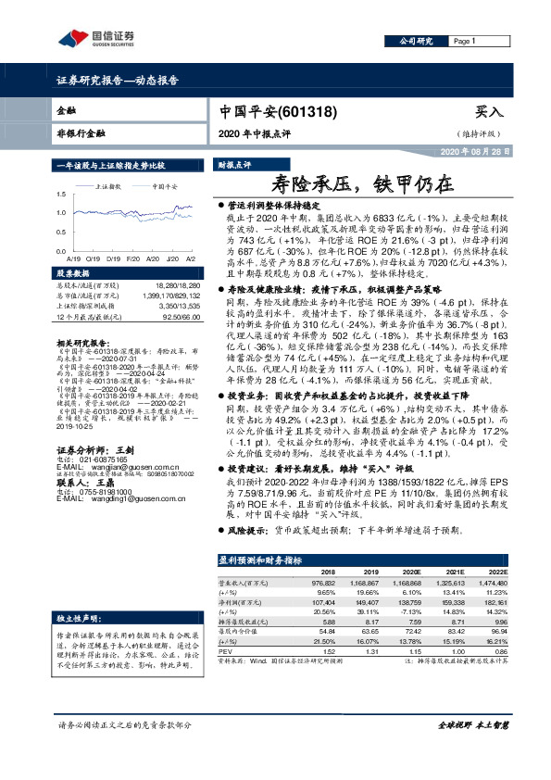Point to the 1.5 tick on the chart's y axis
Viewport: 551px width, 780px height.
tap(61, 195)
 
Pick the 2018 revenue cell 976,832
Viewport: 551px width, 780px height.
tap(321, 585)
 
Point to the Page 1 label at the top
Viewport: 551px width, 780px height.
tap(464, 42)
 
